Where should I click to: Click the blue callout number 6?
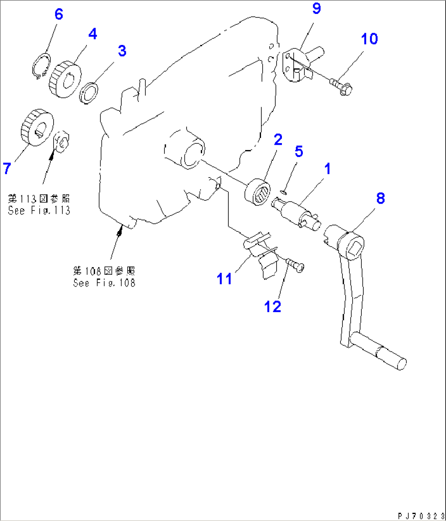coord(59,14)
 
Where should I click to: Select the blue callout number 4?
coord(93,34)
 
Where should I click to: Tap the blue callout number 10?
coord(369,39)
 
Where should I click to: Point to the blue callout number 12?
coord(273,306)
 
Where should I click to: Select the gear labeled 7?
coord(37,127)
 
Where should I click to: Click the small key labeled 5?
coord(284,190)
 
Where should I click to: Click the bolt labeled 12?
coord(295,265)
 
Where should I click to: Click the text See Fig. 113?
coord(39,211)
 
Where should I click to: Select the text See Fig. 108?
coord(104,283)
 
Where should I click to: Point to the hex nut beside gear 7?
coord(62,141)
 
